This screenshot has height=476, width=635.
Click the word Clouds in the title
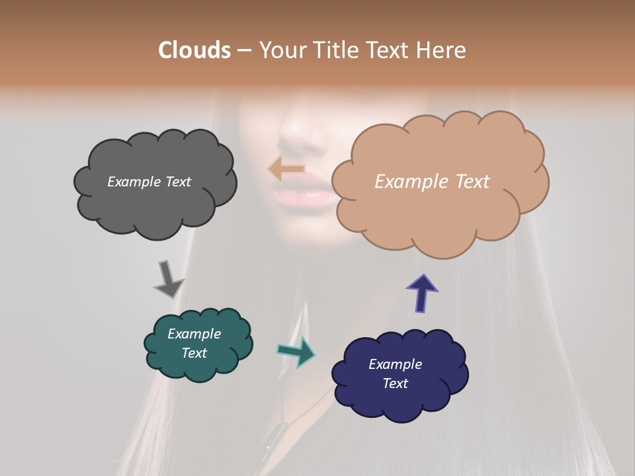194,50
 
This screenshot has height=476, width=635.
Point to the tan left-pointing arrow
286,169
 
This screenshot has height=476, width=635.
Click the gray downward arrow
168,280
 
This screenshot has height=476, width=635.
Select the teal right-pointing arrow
296,351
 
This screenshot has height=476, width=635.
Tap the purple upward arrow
422,292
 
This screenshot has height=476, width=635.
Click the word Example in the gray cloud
132,182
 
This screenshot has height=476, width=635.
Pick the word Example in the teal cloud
194,334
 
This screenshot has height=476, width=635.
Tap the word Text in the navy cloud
395,383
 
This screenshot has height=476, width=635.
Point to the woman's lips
303,194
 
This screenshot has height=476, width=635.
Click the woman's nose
296,136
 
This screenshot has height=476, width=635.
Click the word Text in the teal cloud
194,353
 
